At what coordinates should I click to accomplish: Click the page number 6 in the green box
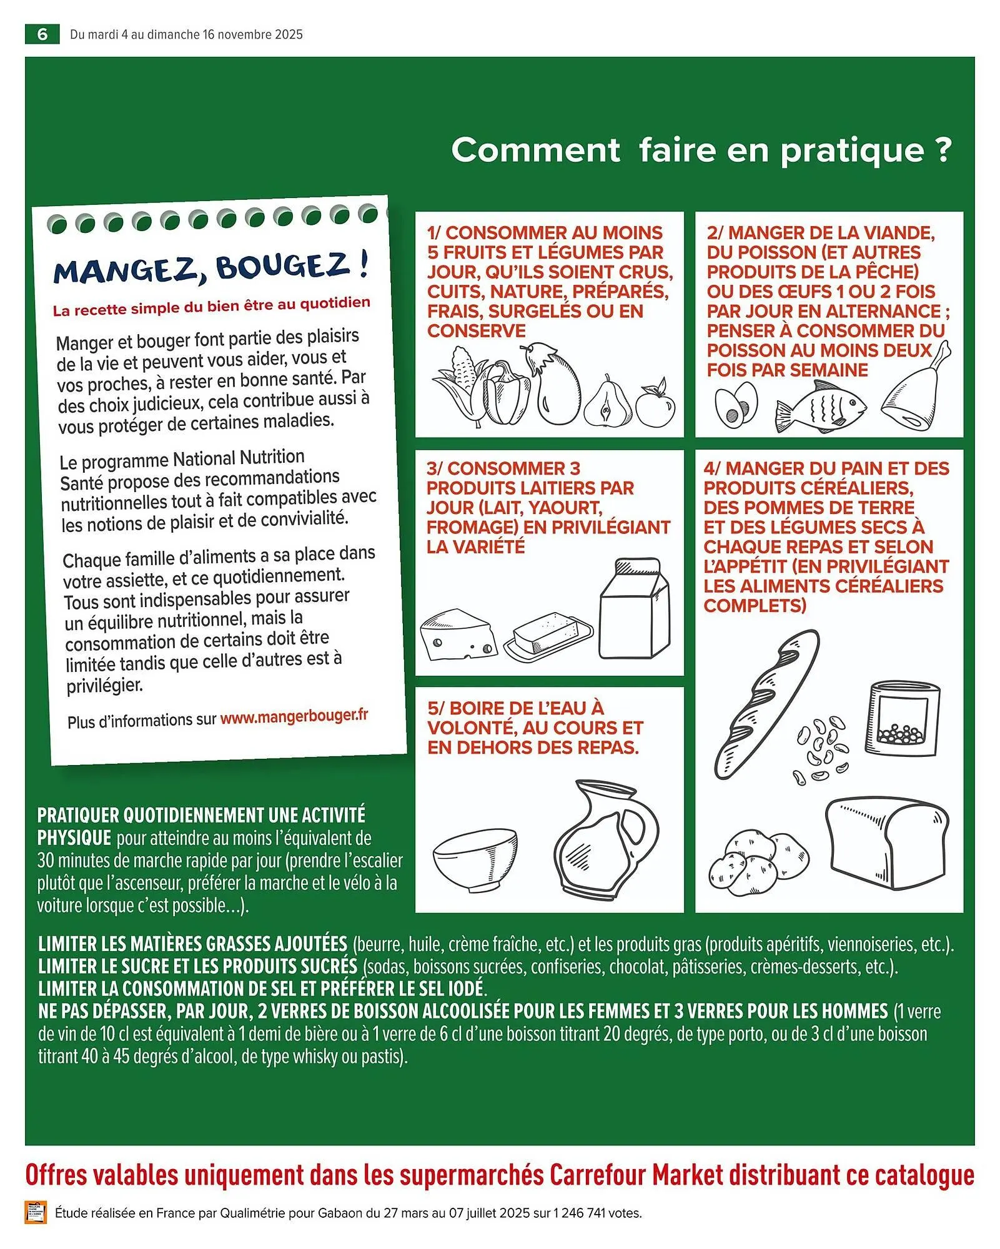pos(42,34)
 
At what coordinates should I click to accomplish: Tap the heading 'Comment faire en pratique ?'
pos(701,151)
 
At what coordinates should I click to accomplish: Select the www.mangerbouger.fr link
pos(294,716)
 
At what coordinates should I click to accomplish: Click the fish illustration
pos(820,407)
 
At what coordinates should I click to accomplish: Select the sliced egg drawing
pos(736,405)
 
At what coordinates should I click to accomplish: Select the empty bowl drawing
pos(475,856)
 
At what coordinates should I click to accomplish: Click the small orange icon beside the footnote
pos(36,1212)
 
